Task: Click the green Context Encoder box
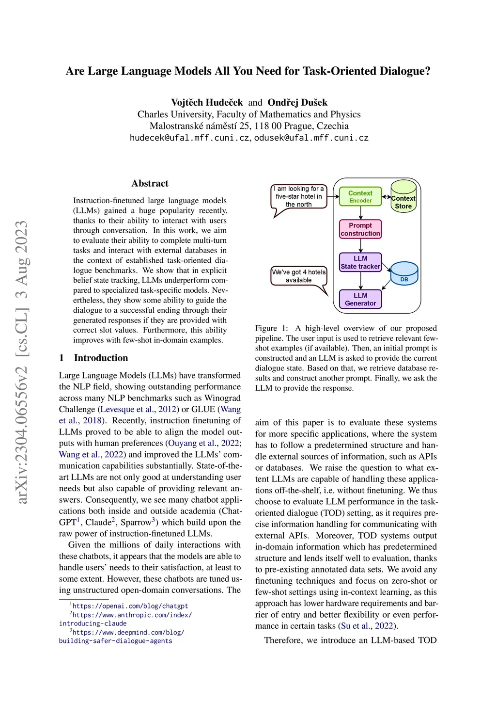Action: (x=360, y=196)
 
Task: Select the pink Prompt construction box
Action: (x=360, y=229)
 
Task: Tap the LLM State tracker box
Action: (x=360, y=262)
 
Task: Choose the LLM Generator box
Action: (x=360, y=299)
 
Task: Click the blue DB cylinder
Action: (x=404, y=274)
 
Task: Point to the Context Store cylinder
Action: (x=403, y=196)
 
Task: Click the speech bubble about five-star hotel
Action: (x=299, y=197)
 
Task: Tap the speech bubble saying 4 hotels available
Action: (x=299, y=276)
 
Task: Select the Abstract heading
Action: (x=150, y=183)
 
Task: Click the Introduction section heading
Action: (x=101, y=358)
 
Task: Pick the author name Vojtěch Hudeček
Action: (x=207, y=102)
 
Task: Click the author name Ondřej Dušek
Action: (x=297, y=102)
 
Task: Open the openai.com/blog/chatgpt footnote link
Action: (x=130, y=606)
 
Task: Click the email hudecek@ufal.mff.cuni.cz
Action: (x=189, y=138)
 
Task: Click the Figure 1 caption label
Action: (x=271, y=328)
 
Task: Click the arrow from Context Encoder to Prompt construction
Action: (x=360, y=212)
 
